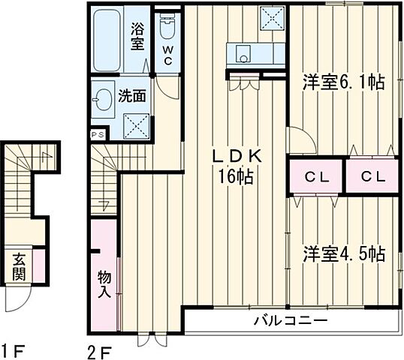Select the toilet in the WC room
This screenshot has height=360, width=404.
(167, 28)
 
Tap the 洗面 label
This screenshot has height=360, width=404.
(134, 96)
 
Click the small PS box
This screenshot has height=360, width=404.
(98, 135)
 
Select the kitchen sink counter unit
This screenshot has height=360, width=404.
(256, 55)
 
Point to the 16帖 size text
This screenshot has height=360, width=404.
(236, 178)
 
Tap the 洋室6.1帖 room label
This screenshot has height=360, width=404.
(343, 82)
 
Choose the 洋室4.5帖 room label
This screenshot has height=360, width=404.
(343, 253)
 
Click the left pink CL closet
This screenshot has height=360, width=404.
(316, 178)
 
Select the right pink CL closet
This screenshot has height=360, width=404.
(371, 178)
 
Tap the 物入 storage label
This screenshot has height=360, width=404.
(104, 284)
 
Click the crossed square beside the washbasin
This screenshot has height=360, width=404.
(135, 122)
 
